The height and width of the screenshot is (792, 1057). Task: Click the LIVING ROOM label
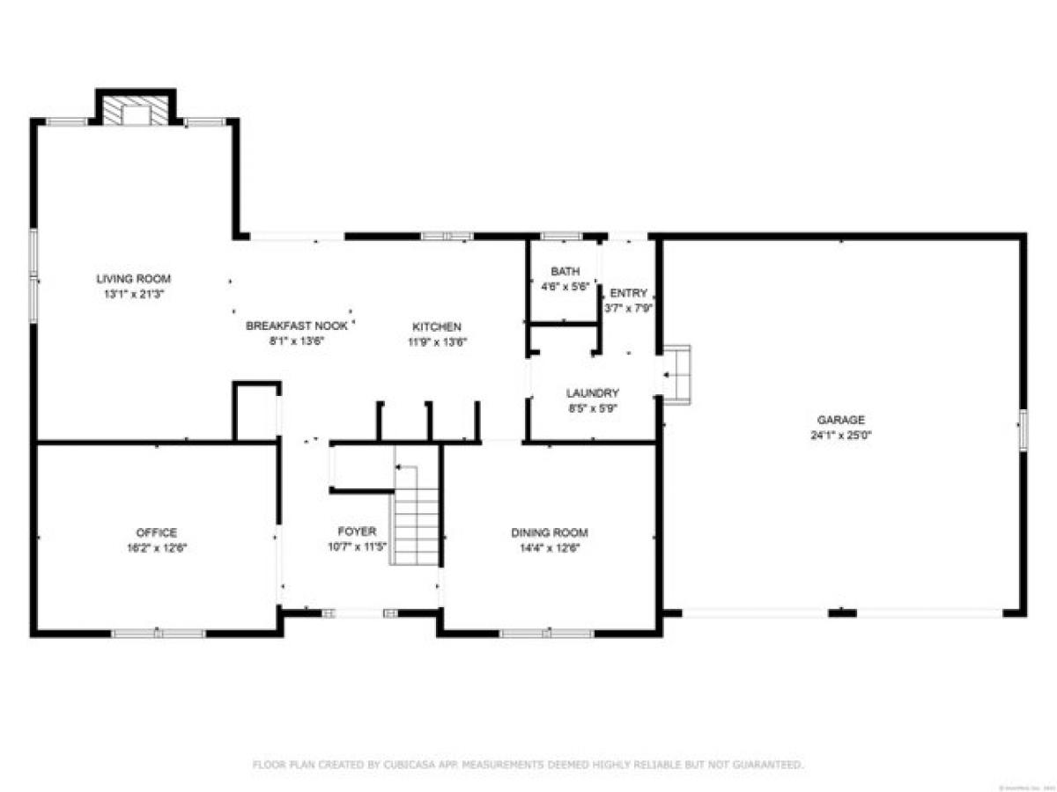(x=133, y=279)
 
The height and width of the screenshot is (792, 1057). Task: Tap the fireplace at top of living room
(x=136, y=110)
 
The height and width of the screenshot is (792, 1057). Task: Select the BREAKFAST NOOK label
(x=297, y=326)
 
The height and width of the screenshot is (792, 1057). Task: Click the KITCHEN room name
(x=437, y=326)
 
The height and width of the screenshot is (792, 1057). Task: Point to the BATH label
(x=561, y=271)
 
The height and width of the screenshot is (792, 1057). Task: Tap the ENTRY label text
(x=628, y=293)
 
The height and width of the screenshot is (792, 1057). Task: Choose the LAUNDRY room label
(x=593, y=393)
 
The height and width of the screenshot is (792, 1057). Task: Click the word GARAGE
(x=841, y=420)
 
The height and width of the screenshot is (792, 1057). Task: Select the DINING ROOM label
(x=550, y=532)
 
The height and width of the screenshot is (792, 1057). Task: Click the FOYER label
(x=357, y=532)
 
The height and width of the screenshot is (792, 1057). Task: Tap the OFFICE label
(x=156, y=532)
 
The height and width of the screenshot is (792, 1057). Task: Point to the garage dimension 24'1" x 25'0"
(x=841, y=435)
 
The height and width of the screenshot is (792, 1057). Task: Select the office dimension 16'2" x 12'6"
(x=156, y=547)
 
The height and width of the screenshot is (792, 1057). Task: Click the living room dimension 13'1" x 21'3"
(x=133, y=294)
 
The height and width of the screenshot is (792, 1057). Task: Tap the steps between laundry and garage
(x=676, y=374)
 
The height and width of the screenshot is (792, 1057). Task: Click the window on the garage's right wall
(x=1023, y=430)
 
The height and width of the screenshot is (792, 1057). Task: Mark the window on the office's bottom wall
(x=159, y=633)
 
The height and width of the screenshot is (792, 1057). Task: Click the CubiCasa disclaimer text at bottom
(x=528, y=765)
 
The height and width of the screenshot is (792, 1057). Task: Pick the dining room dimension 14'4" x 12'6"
(x=550, y=547)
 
